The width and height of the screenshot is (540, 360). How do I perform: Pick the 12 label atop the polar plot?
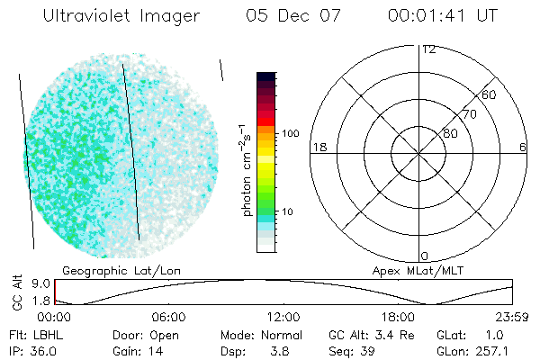point(428,49)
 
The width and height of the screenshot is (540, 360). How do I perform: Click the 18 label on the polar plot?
point(318,147)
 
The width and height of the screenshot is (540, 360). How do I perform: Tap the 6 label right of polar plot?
point(523,147)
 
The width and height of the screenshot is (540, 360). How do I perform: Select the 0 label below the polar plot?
point(424,256)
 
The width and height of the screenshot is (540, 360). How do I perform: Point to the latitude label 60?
point(490,94)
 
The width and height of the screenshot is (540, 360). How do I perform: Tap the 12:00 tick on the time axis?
point(283,317)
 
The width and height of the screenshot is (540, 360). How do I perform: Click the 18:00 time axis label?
point(398,317)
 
